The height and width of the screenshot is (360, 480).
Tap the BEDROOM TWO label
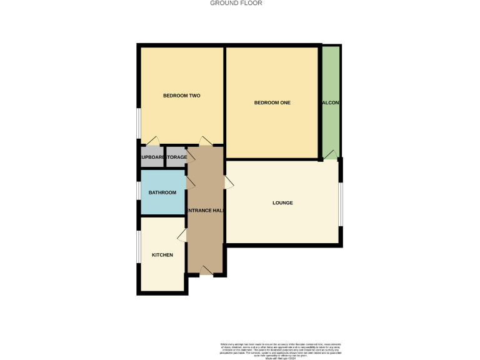coord(181,96)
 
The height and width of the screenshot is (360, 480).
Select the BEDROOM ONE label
coord(272,102)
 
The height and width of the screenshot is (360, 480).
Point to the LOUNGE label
coord(282,203)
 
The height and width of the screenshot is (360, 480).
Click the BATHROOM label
coord(162,192)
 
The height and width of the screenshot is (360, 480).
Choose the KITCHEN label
coord(162,255)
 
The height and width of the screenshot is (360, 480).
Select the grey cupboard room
coord(152,157)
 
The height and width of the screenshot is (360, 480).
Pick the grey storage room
coord(176,157)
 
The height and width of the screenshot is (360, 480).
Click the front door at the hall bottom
coord(206,269)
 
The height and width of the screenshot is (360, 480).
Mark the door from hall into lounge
coord(229,182)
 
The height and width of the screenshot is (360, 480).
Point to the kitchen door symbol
coord(182,235)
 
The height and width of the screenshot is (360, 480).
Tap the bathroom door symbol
coord(190,182)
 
